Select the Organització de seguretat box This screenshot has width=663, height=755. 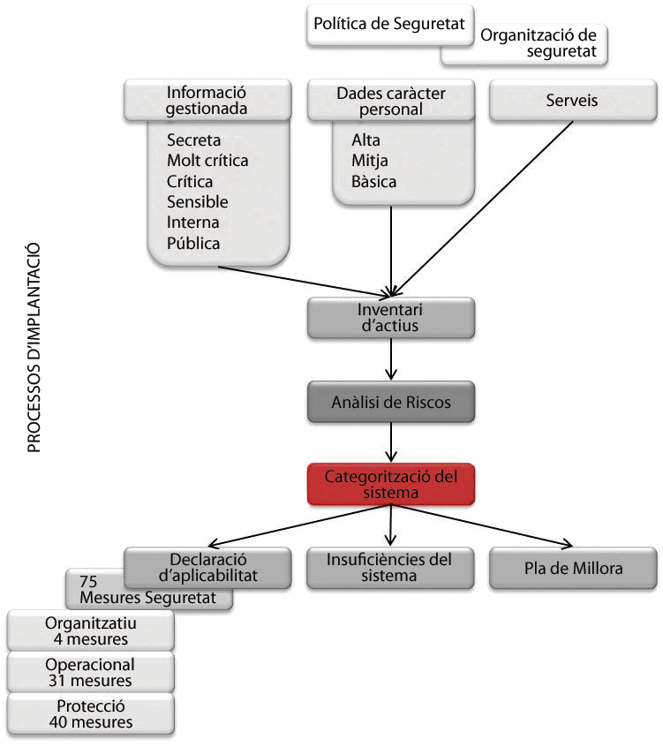click(538, 44)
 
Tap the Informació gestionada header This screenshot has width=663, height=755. click(207, 101)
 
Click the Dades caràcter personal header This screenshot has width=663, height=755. click(391, 101)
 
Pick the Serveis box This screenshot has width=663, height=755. click(571, 101)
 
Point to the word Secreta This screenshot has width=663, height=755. click(193, 140)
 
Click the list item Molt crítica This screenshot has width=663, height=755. click(207, 161)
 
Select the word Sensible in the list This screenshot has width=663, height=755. click(197, 202)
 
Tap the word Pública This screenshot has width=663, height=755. click(193, 243)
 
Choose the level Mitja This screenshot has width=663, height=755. click(370, 161)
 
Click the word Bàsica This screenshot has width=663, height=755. click(373, 182)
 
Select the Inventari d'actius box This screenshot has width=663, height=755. click(391, 318)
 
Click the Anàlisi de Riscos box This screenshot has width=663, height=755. click(391, 402)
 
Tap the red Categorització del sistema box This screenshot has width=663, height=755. click(391, 484)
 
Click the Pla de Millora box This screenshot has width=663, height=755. click(573, 568)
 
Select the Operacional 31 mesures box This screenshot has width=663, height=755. click(90, 672)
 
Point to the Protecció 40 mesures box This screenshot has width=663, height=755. click(90, 713)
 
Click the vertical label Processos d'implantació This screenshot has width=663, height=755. click(34, 349)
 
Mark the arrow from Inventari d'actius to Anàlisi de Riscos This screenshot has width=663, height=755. click(391, 360)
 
